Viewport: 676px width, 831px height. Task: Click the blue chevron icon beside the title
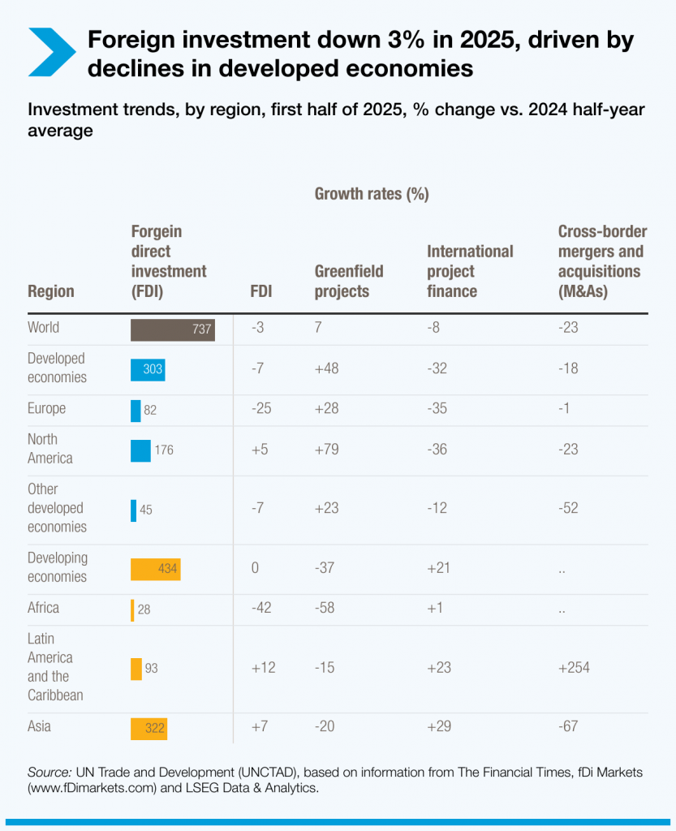tap(51, 53)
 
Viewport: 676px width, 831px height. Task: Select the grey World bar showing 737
tap(172, 329)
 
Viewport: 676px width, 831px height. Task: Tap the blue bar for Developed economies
tap(147, 369)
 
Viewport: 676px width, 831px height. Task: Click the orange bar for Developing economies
tap(155, 569)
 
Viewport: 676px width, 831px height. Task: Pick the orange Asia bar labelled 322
tap(149, 728)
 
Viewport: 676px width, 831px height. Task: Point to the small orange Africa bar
tap(132, 609)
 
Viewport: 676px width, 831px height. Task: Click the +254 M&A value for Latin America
tap(574, 668)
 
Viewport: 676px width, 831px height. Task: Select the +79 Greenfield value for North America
tap(326, 450)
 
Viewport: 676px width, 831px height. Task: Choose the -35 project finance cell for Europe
tap(437, 408)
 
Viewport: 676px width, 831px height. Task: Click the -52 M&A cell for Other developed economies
tap(568, 509)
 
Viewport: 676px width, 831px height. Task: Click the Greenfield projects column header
tap(348, 281)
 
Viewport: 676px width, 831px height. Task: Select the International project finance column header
tap(470, 271)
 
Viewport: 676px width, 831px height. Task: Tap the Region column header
tap(50, 291)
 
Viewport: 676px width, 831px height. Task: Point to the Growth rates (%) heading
tap(371, 193)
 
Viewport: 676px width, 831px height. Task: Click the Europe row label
tap(46, 408)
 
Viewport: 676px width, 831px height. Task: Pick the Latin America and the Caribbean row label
tap(50, 667)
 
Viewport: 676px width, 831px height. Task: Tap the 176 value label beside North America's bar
tap(163, 450)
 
